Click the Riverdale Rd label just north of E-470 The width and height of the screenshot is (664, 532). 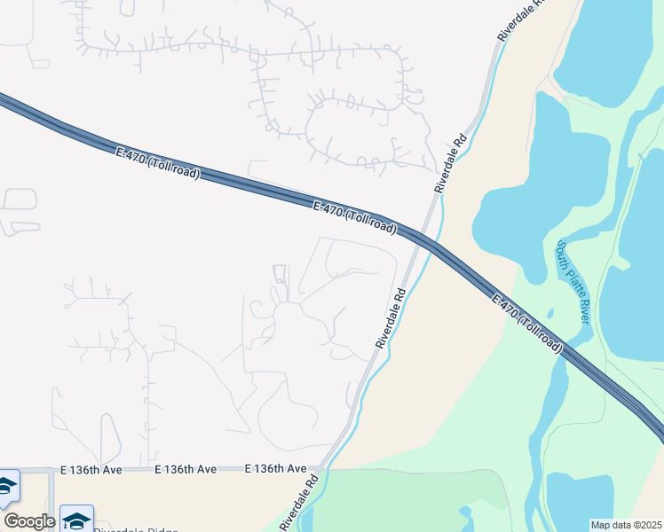coord(451,164)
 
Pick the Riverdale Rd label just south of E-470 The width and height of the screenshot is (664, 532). coord(391,317)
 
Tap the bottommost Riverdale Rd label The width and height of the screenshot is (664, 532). coord(300,503)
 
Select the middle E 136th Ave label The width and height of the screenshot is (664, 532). coord(186,468)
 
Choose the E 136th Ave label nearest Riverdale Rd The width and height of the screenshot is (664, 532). coord(275,468)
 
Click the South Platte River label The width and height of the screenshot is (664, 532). coord(573,282)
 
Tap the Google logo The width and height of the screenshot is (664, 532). coord(29,520)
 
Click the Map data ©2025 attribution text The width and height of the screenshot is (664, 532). coord(626,525)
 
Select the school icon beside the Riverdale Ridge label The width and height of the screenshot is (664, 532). coord(77,519)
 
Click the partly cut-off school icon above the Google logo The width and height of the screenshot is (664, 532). coord(7,487)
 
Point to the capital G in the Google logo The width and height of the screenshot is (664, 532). coord(11,520)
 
